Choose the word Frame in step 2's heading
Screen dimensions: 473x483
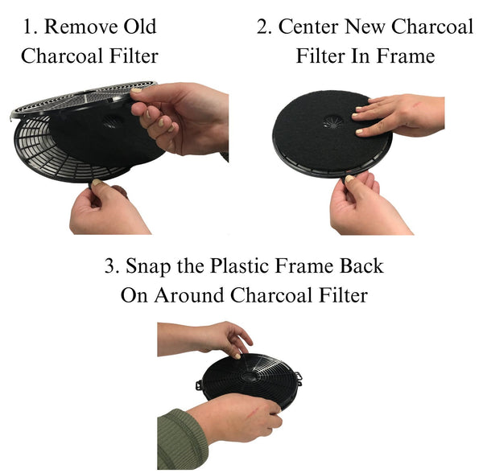point(407,56)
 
